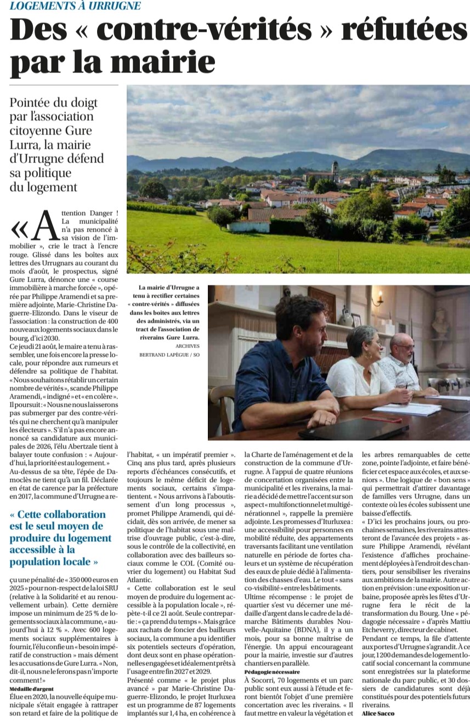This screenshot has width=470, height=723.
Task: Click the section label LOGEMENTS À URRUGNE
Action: tap(76, 6)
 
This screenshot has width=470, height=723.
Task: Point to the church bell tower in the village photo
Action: tap(335, 171)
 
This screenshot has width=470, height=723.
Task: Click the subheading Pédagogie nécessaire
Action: tap(272, 671)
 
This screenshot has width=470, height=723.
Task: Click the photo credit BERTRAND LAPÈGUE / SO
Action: tap(169, 355)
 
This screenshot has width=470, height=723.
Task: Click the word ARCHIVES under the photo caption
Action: tap(188, 346)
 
